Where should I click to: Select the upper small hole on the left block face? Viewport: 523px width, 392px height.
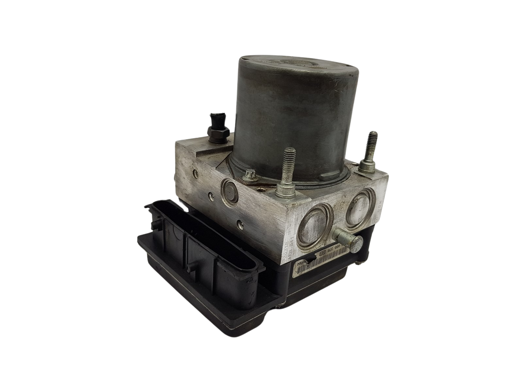195,173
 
